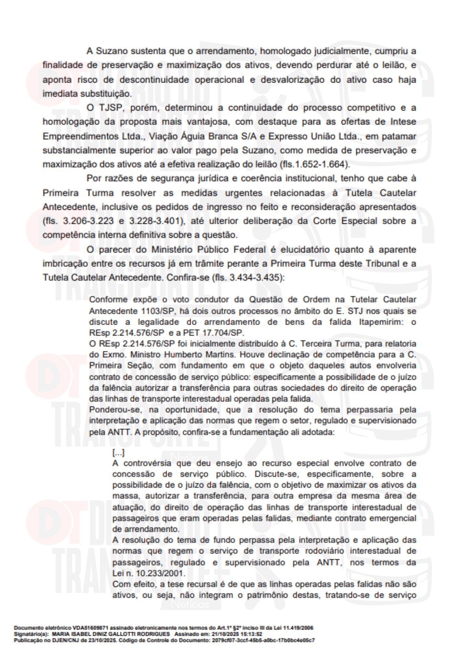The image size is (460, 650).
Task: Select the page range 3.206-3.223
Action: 88,221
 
